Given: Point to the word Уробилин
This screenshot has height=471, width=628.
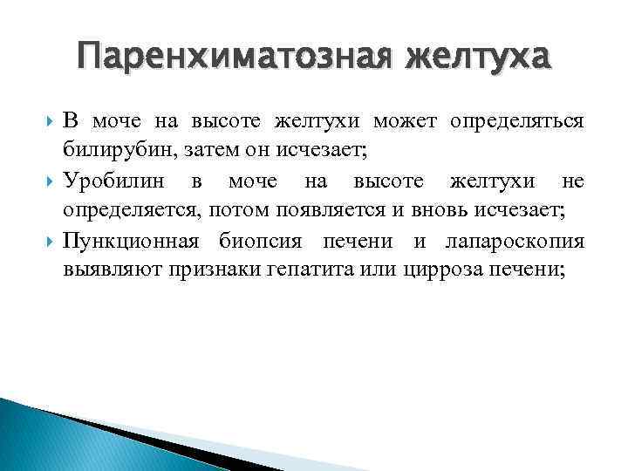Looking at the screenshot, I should [109, 181].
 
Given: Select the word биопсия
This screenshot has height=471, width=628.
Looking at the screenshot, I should [259, 241].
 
